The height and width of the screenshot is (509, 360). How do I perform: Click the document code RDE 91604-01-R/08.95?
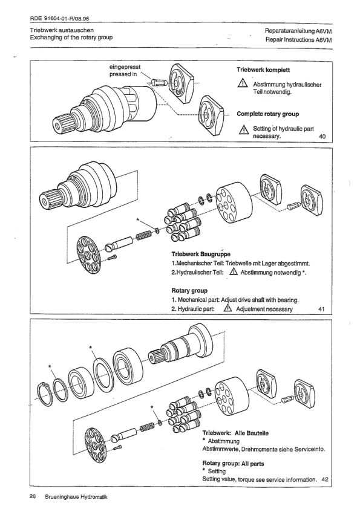click(59, 19)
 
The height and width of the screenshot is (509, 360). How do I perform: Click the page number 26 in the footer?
click(32, 496)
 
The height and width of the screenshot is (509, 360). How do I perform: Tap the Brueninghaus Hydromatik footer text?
click(76, 497)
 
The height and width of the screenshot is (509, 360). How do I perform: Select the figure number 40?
click(322, 137)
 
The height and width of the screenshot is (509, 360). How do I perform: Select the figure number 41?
click(322, 309)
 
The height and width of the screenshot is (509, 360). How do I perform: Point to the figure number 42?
click(324, 479)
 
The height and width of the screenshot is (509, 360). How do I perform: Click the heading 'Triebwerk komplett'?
click(263, 70)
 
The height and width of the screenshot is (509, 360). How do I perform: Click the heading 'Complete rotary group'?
click(267, 114)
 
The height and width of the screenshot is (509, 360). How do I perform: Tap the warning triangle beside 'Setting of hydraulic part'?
click(243, 131)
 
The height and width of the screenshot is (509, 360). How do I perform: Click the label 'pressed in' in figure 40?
click(123, 74)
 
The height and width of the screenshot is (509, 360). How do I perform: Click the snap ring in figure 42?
click(44, 394)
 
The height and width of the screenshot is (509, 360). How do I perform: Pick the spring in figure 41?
click(143, 235)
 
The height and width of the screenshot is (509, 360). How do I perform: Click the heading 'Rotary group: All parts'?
click(233, 464)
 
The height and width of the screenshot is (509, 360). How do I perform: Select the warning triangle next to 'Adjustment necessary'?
click(227, 308)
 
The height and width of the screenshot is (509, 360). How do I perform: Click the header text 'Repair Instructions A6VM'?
click(299, 40)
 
